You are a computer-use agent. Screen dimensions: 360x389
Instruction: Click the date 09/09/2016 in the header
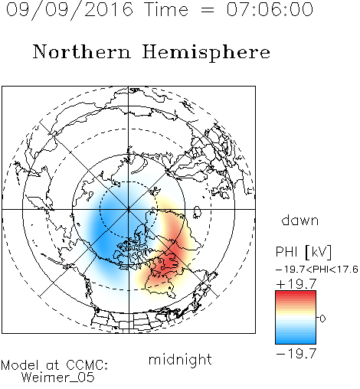[x=70, y=9]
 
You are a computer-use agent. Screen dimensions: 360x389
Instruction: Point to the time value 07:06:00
[x=270, y=9]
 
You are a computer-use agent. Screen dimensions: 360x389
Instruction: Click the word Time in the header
[x=166, y=9]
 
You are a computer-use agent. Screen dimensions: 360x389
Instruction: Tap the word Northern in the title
[x=82, y=51]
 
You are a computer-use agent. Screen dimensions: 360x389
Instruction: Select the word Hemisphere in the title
[x=206, y=53]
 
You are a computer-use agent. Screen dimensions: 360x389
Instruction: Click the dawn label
[x=300, y=220]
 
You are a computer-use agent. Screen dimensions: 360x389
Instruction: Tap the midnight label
[x=180, y=359]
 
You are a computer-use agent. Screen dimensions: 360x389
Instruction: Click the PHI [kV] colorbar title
[x=303, y=252]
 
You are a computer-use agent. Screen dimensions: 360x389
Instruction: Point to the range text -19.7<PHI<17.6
[x=317, y=270]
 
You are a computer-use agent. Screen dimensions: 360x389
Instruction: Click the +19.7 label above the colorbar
[x=296, y=283]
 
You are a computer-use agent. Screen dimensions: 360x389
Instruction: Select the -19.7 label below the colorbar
[x=296, y=354]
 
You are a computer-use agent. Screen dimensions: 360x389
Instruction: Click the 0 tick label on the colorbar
[x=322, y=319]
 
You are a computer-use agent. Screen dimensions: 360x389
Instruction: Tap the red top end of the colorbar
[x=296, y=293]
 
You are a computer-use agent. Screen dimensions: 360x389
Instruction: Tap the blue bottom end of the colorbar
[x=296, y=342]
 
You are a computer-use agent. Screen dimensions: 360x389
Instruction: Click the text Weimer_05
[x=58, y=378]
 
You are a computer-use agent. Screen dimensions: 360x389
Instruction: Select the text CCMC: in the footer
[x=87, y=365]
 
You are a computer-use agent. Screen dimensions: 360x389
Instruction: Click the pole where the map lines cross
[x=129, y=209]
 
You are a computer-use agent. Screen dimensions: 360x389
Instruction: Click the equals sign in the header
[x=208, y=10]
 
